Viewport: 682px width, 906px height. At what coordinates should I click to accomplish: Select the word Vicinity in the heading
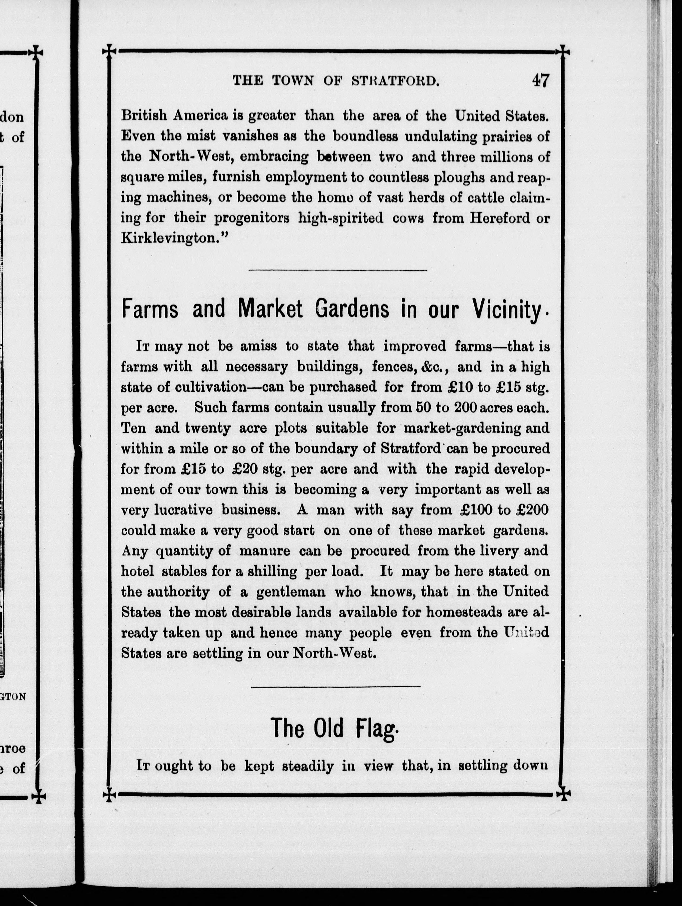point(509,310)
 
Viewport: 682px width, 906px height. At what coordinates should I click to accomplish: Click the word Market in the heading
point(270,309)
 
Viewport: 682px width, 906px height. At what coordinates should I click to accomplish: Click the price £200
point(532,510)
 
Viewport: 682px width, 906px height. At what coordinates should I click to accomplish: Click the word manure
point(265,551)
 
